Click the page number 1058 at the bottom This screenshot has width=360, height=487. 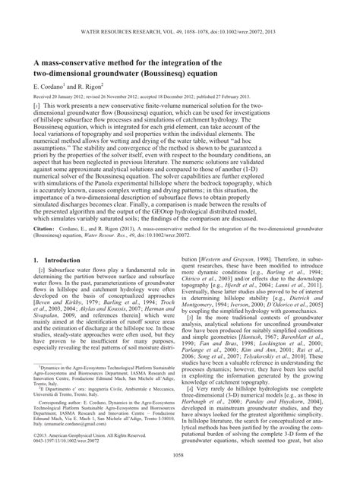pos(180,474)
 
